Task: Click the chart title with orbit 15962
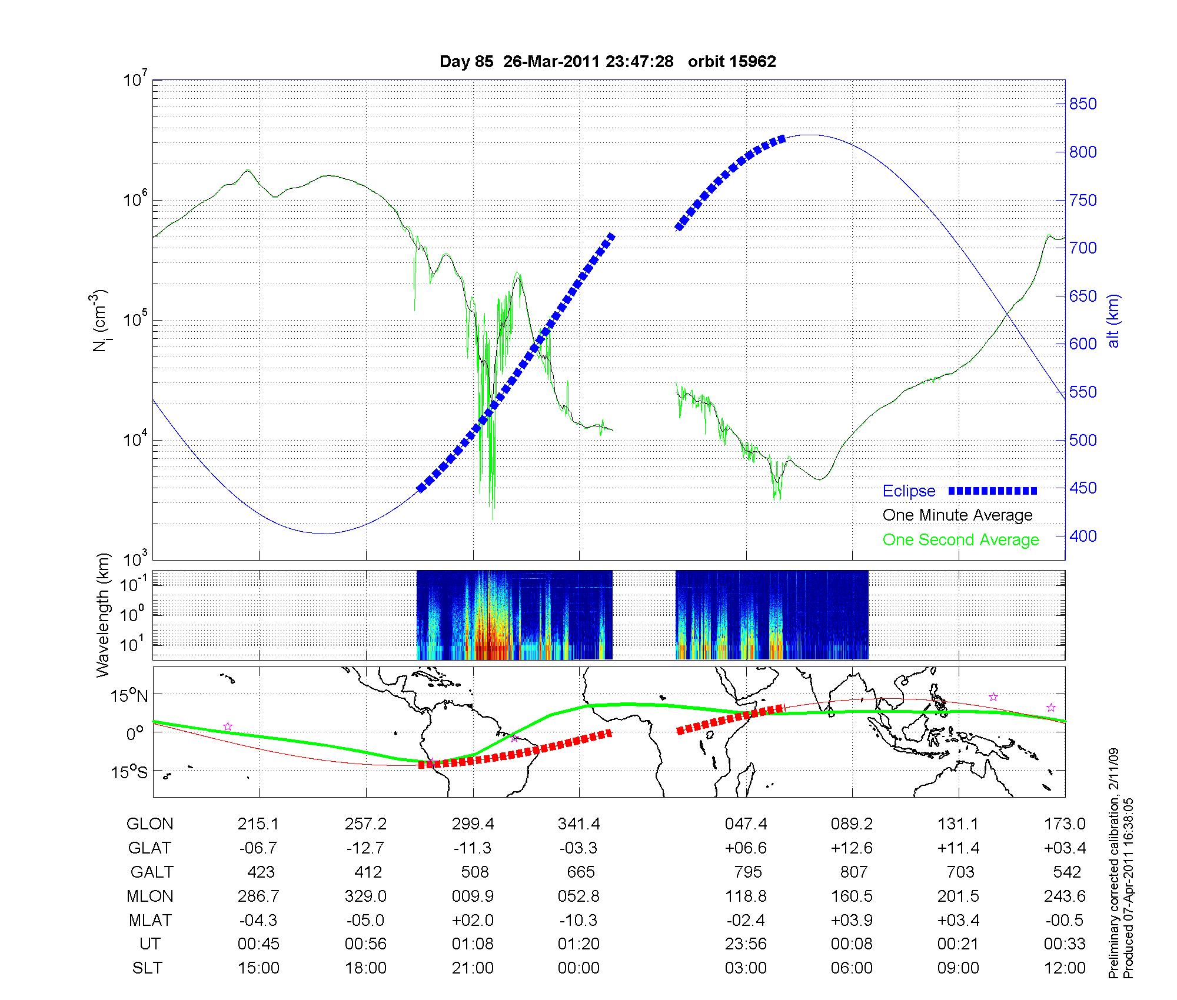point(607,61)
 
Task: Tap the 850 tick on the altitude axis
point(1083,104)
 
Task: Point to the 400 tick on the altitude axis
point(1083,536)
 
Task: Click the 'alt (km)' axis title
point(1114,321)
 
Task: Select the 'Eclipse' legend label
point(909,491)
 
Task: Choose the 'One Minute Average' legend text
point(957,515)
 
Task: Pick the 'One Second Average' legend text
point(960,540)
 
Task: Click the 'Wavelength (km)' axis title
point(103,615)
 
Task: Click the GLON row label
point(149,824)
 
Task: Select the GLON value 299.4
point(473,824)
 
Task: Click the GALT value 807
point(853,872)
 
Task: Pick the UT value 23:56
point(746,944)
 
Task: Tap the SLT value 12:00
point(1065,968)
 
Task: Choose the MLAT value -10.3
point(579,920)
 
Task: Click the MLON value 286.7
point(259,896)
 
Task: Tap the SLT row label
point(147,968)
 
